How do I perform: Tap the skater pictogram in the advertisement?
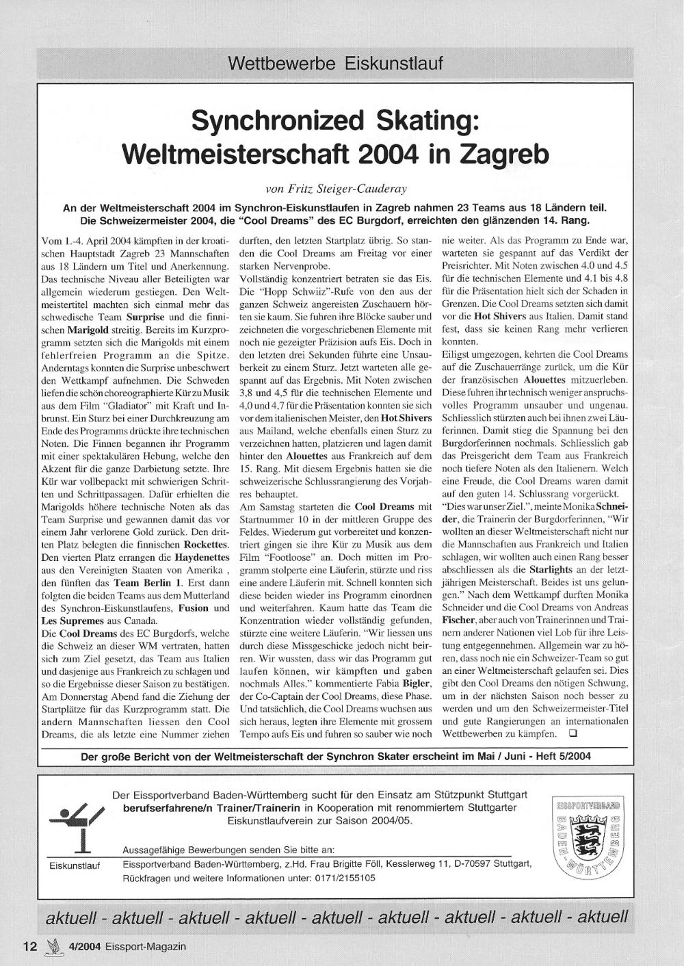75,826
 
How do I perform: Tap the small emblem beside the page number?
52,947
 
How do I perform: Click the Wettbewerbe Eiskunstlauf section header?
335,64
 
